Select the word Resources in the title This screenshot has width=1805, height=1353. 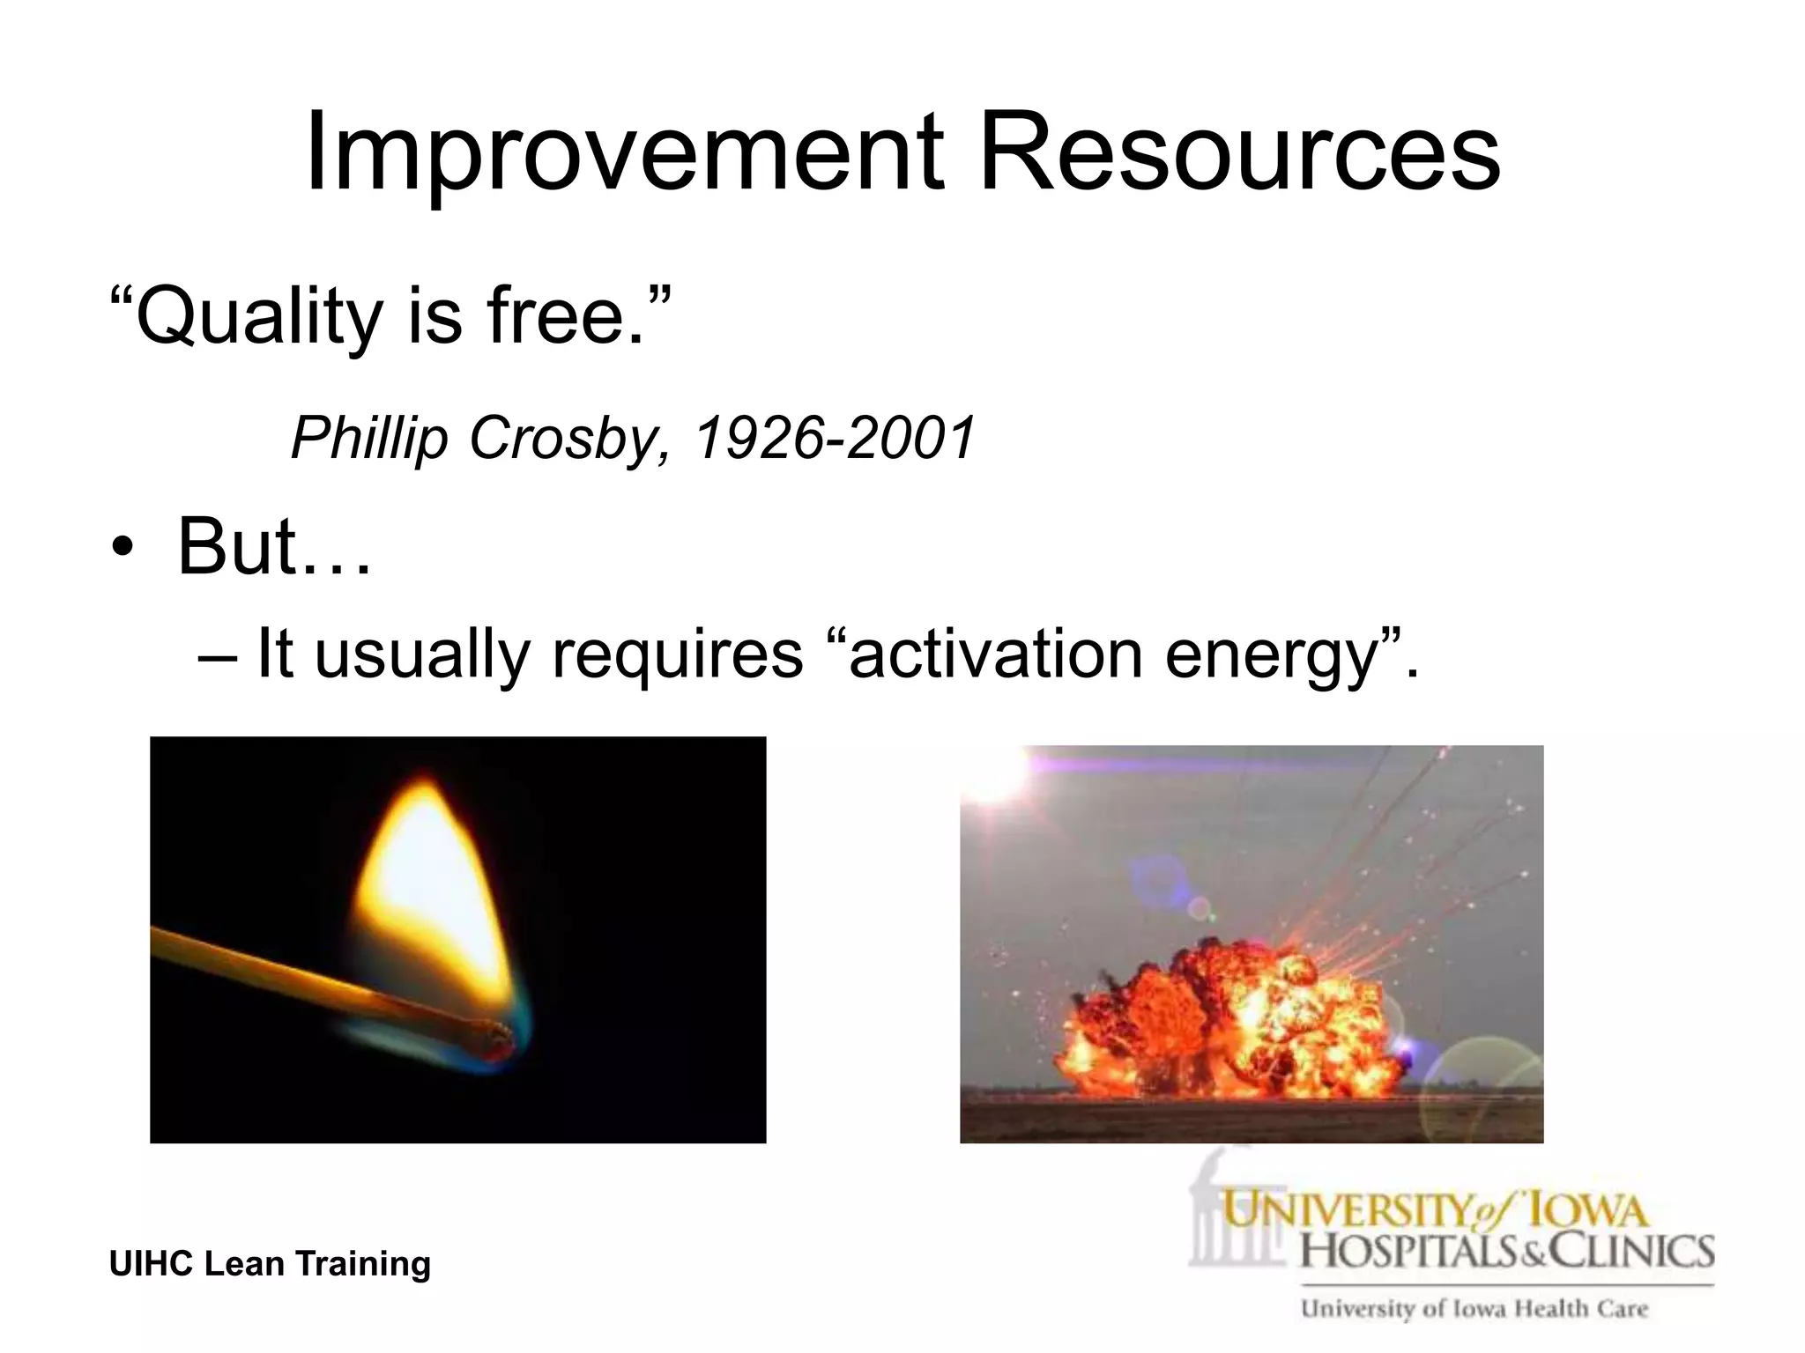pos(1239,152)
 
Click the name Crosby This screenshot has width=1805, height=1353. pos(564,438)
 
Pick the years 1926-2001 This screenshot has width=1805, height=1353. pos(836,438)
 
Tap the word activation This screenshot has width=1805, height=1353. pos(996,654)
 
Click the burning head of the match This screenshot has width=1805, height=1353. pos(494,1039)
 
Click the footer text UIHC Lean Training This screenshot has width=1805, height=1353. pos(270,1263)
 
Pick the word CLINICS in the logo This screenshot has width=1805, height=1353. pos(1630,1251)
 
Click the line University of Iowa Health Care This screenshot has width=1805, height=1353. pos(1474,1309)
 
